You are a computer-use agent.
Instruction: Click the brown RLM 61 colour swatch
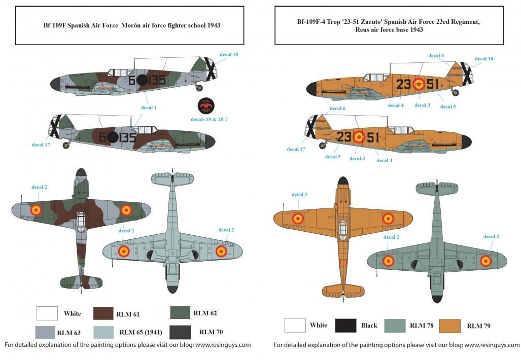point(103,313)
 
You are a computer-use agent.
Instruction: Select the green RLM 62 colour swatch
point(180,312)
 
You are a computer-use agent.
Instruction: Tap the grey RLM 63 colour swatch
point(45,332)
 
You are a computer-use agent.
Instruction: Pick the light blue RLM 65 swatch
point(103,332)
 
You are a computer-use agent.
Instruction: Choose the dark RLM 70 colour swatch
point(180,332)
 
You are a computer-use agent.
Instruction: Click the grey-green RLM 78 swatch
point(395,326)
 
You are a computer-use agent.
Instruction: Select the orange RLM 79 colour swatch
point(450,326)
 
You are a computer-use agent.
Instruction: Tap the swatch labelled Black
point(345,326)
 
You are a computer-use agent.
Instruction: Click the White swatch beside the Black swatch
point(295,325)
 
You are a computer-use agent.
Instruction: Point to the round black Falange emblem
point(205,106)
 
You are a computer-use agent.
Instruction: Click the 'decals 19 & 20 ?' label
point(209,119)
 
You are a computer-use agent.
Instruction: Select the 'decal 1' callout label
point(149,107)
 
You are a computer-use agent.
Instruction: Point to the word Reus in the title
point(362,29)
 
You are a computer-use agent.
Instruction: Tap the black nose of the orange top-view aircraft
point(342,182)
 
